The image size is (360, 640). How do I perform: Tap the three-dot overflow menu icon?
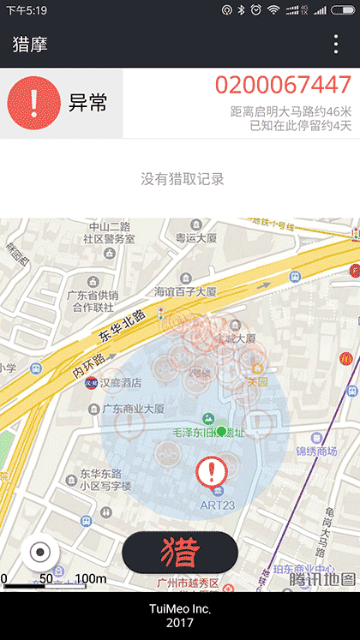pyautogui.click(x=336, y=45)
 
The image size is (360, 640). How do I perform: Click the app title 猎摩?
pyautogui.click(x=30, y=45)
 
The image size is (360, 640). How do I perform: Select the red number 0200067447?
pyautogui.click(x=283, y=85)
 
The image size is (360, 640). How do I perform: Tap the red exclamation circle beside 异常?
pyautogui.click(x=34, y=104)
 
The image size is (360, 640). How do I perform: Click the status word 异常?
pyautogui.click(x=88, y=104)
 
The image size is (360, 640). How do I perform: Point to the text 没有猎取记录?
pyautogui.click(x=182, y=179)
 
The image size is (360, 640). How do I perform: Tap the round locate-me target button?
pyautogui.click(x=39, y=552)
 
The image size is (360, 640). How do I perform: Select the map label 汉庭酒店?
pyautogui.click(x=120, y=382)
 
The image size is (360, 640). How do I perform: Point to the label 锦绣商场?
pyautogui.click(x=316, y=451)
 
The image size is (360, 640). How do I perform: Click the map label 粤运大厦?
pyautogui.click(x=197, y=237)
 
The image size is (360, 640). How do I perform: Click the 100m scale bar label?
pyautogui.click(x=90, y=579)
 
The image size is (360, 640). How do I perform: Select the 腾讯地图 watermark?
pyautogui.click(x=321, y=579)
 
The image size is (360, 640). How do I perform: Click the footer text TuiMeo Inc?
pyautogui.click(x=180, y=608)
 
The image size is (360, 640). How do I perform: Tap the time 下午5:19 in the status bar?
pyautogui.click(x=27, y=10)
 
